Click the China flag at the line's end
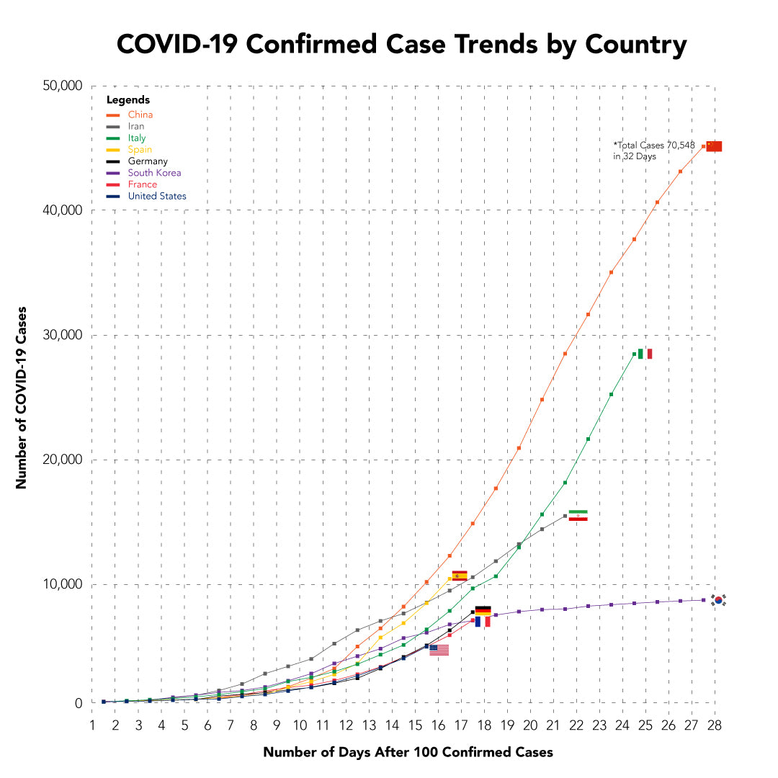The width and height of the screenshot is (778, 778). coord(714,146)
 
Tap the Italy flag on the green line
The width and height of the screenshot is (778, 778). coord(645,354)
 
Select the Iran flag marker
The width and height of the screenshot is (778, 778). coord(578,515)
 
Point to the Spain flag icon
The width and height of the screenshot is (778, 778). coord(460,576)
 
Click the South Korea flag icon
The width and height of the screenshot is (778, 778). coord(718,600)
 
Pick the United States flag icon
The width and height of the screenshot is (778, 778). coord(439,650)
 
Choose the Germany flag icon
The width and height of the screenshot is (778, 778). coord(483,610)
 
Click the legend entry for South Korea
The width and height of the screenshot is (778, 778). coord(154,173)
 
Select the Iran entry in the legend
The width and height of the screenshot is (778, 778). coord(136,126)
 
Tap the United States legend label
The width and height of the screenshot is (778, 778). coord(157,196)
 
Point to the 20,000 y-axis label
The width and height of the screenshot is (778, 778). coord(64,460)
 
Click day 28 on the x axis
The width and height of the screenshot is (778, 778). coord(715,723)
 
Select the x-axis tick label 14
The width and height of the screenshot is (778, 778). coord(392,723)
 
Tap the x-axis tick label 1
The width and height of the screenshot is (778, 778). coord(92,723)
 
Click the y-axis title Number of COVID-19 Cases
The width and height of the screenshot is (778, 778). coord(22,397)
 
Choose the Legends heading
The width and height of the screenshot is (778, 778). coord(128,100)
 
